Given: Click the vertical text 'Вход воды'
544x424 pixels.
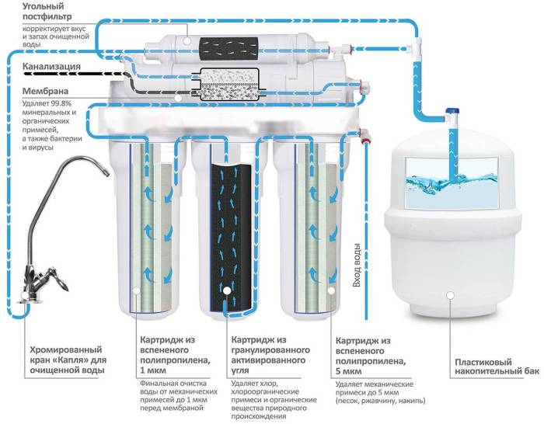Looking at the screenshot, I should coord(357,266).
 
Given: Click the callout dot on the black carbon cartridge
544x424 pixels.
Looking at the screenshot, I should coord(227,291).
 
